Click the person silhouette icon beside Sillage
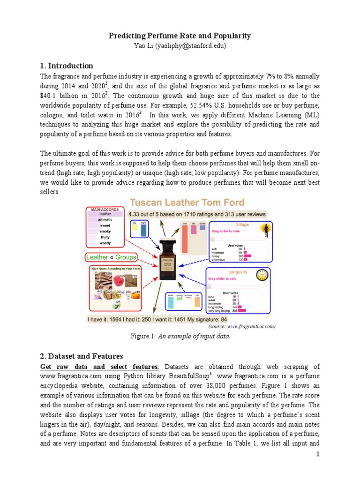[266, 229]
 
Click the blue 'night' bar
[143, 230]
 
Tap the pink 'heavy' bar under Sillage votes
[247, 256]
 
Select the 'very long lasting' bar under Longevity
[242, 310]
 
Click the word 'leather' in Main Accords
[105, 214]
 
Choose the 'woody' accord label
[105, 243]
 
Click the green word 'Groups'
[126, 257]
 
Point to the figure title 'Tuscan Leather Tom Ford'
[187, 203]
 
